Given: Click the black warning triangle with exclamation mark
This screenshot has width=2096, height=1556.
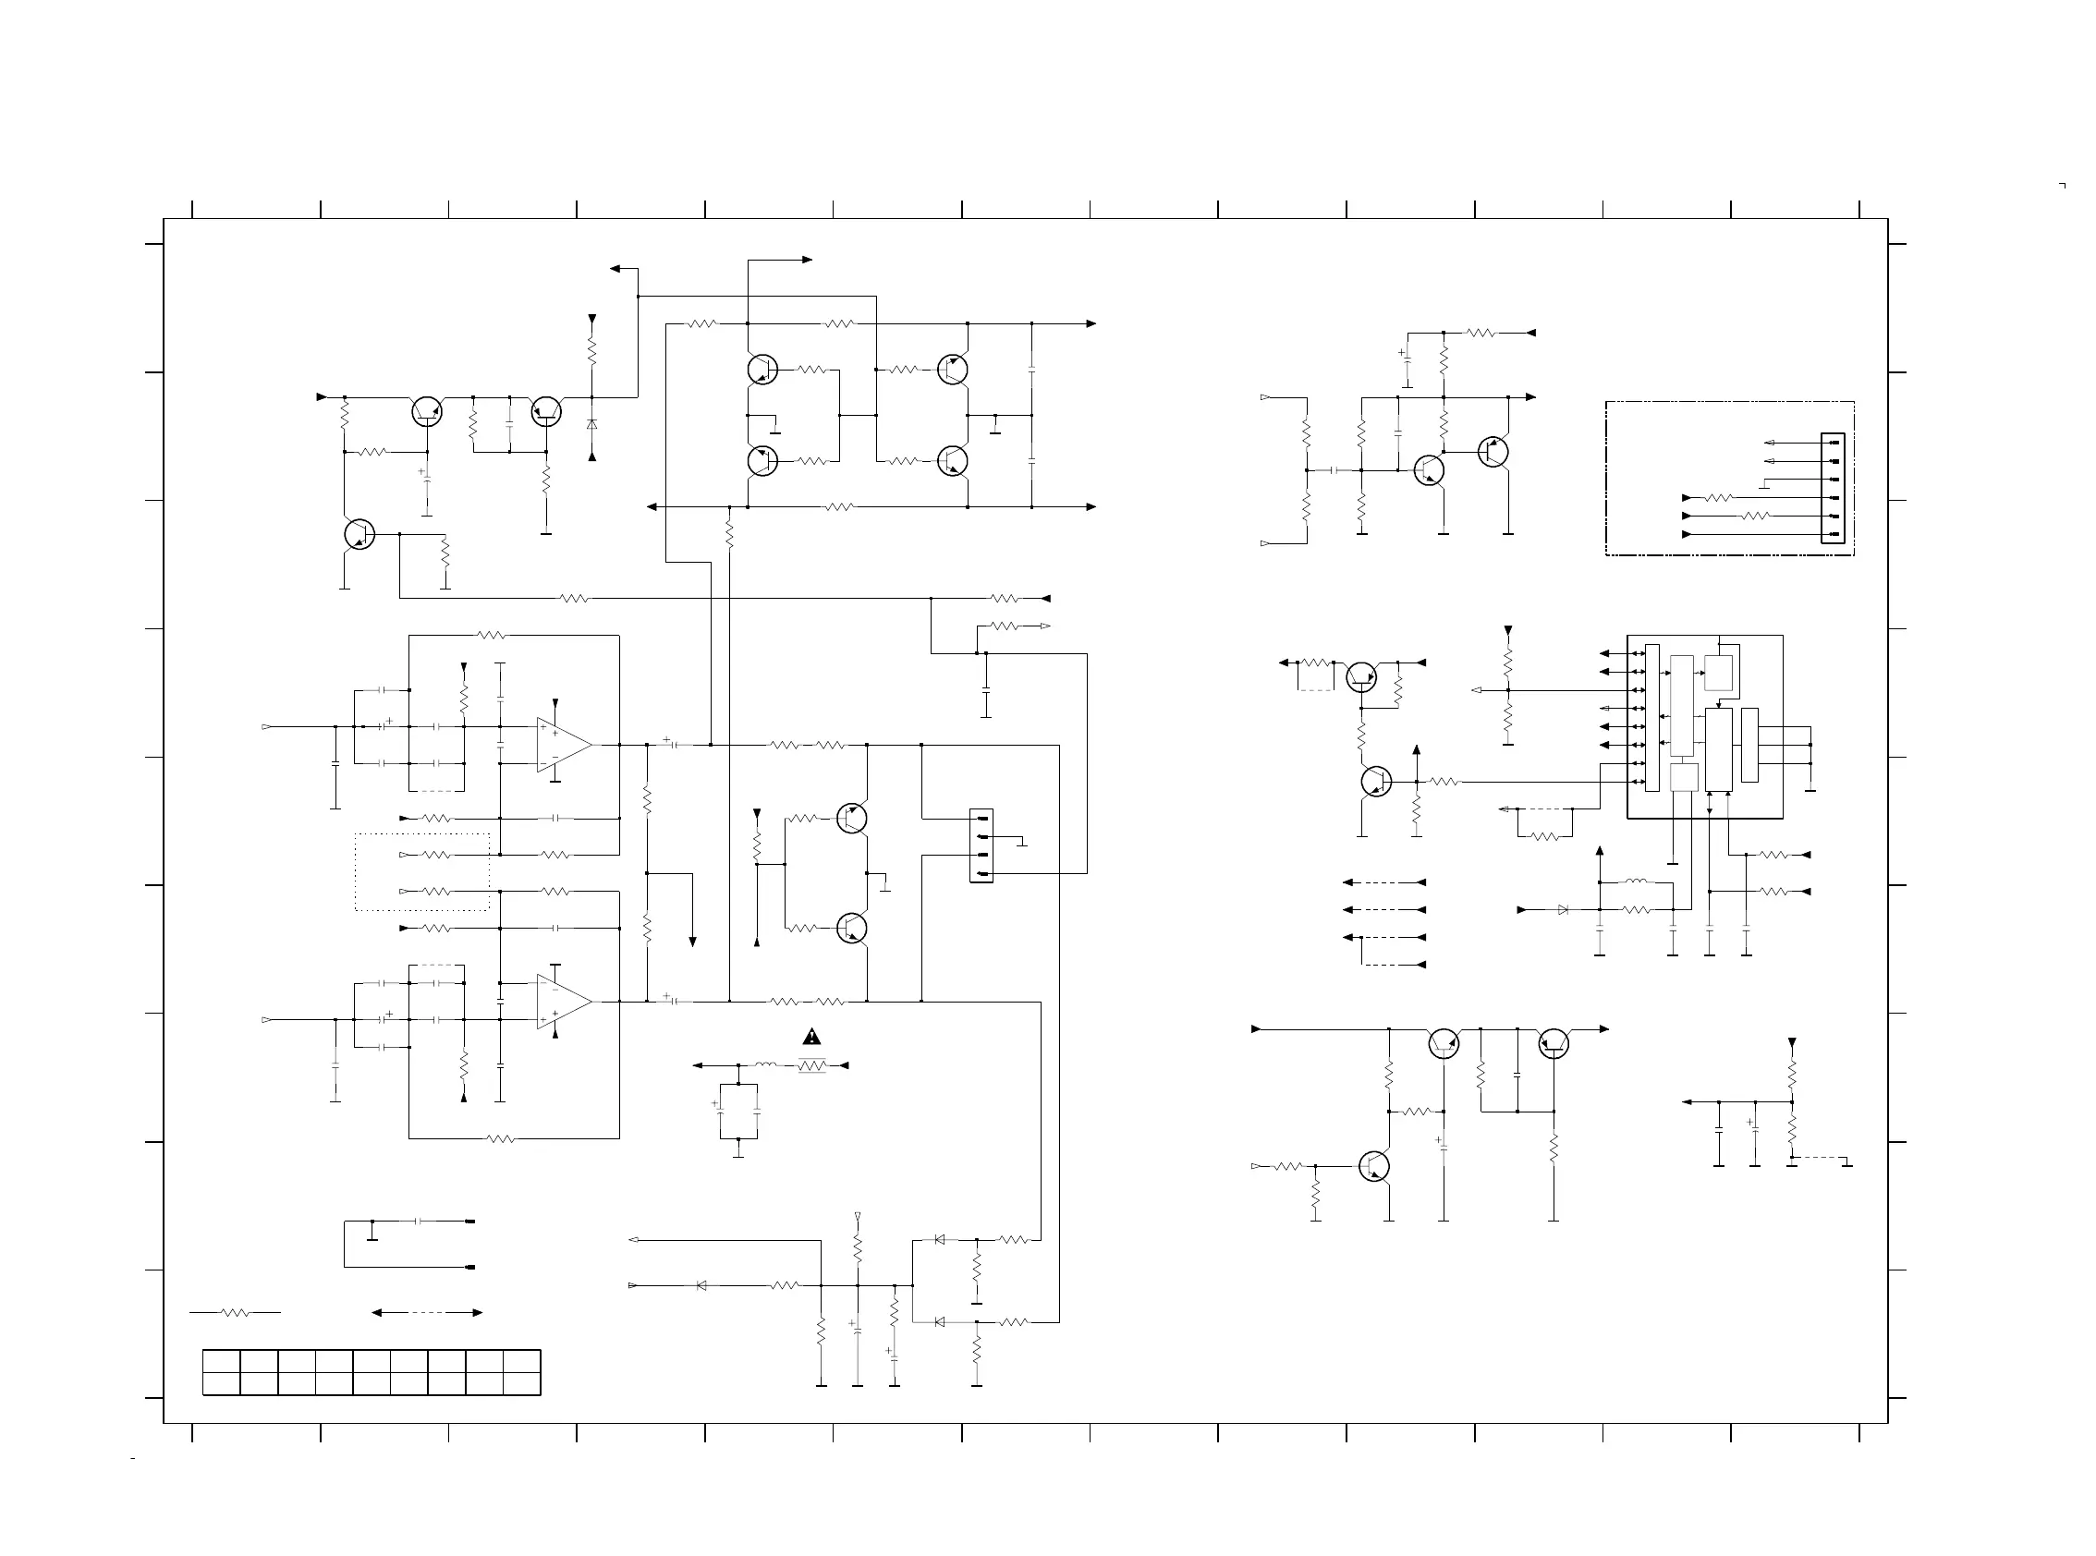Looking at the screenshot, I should coord(811,1038).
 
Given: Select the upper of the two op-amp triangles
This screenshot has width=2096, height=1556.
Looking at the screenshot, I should coord(563,745).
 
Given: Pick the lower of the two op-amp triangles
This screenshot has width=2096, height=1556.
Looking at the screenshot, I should coord(563,1003).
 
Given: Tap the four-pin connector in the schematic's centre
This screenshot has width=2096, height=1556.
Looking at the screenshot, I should coord(981,845).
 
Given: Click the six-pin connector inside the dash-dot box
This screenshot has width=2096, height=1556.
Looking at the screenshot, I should coord(1833,488).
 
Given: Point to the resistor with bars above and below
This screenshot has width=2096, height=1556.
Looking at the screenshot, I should coord(811,1065).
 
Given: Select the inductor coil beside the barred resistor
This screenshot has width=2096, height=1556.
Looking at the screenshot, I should coord(767,1065).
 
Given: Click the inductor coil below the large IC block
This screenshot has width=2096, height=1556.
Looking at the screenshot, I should coord(1637,882).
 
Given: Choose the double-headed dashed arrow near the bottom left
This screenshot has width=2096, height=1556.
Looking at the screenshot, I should coord(427,1313).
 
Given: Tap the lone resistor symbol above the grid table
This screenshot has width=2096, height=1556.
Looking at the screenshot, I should coord(235,1312).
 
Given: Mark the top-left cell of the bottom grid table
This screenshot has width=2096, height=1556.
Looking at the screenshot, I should coord(222,1361).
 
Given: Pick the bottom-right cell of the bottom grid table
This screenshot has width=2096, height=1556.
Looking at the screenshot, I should coord(522,1383).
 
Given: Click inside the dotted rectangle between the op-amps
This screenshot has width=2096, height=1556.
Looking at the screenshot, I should coord(422,872).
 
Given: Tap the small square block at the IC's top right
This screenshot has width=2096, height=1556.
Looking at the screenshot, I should coord(1718,673).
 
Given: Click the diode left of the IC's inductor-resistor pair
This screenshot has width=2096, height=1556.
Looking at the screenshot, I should coord(1563,910).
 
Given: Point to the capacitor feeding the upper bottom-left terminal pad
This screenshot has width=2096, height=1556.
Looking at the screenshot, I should coord(419,1222).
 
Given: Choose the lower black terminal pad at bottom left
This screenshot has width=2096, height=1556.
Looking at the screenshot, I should coord(470,1268).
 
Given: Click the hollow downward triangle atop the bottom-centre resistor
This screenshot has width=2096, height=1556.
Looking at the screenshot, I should coord(858,1217).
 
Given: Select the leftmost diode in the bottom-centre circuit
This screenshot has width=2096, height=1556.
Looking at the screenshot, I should coord(701,1285).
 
